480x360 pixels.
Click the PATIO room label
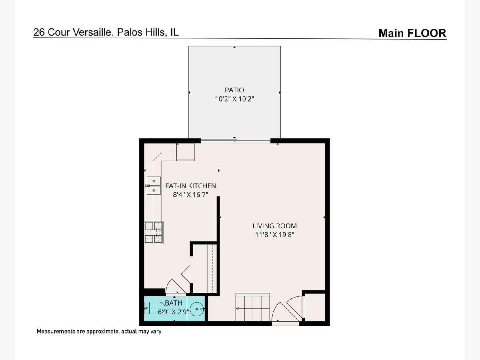234,90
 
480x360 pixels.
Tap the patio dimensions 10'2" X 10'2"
234,99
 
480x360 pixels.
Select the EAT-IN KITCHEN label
190,186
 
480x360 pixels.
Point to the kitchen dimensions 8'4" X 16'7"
190,194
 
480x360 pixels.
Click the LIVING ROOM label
275,226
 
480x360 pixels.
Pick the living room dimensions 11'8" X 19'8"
275,235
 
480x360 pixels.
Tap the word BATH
174,303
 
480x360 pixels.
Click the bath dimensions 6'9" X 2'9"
173,312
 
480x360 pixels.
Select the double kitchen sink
154,186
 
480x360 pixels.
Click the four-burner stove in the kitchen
154,232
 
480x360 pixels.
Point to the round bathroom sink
197,309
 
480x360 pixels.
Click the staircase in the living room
252,307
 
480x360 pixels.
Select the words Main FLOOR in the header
412,33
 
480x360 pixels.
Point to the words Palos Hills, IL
148,32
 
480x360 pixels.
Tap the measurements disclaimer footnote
99,331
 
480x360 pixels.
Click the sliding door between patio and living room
236,141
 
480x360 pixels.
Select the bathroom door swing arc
172,286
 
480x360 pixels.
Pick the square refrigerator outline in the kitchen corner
186,152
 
